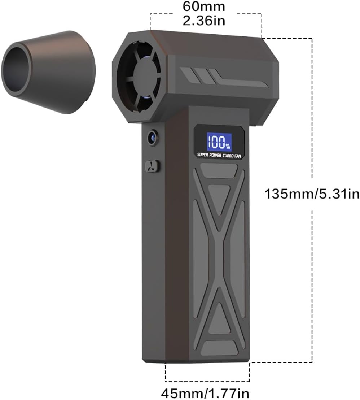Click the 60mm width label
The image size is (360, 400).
(x=204, y=6)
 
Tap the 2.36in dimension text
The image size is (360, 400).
(x=204, y=20)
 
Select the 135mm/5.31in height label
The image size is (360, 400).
(x=312, y=194)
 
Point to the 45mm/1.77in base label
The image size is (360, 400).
(x=205, y=393)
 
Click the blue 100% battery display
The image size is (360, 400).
(x=219, y=142)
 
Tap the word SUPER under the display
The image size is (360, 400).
(x=202, y=155)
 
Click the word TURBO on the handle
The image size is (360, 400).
(x=228, y=155)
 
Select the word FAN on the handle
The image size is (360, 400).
(x=238, y=156)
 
